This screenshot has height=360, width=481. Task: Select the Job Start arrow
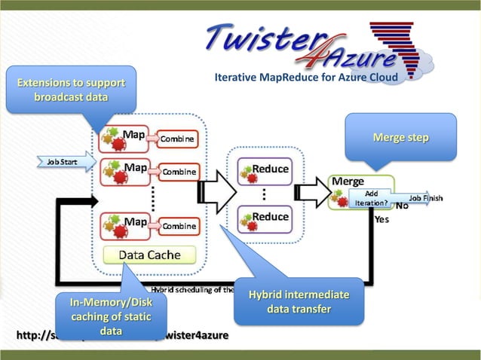(65, 161)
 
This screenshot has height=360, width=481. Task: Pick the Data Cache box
(149, 255)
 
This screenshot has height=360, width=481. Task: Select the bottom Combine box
(179, 225)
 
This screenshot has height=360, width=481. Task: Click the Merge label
(348, 182)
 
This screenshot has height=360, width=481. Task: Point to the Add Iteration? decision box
(369, 199)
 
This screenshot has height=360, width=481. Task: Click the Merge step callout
(400, 138)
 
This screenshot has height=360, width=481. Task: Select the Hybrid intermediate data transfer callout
(299, 301)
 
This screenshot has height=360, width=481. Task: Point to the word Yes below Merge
(381, 220)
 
